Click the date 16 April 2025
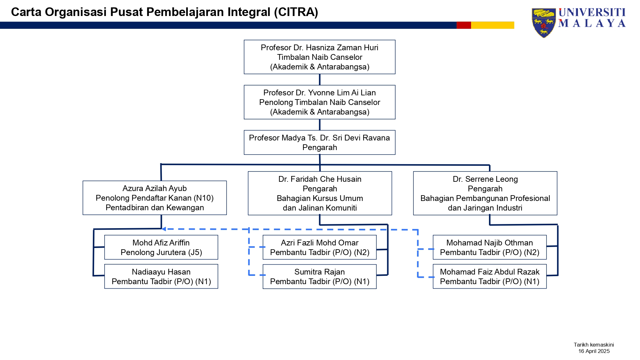pyautogui.click(x=594, y=351)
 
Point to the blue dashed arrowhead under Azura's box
pyautogui.click(x=164, y=229)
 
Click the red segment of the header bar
pyautogui.click(x=464, y=25)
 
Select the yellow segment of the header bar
pyautogui.click(x=492, y=25)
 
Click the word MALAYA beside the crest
pyautogui.click(x=592, y=23)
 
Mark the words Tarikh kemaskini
pyautogui.click(x=594, y=345)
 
